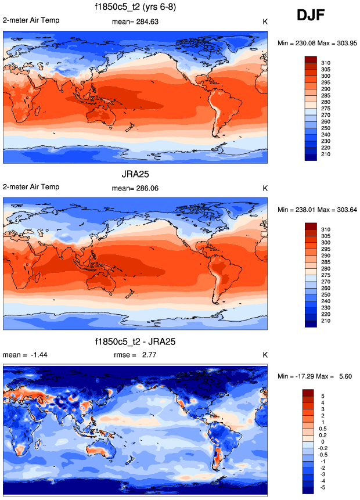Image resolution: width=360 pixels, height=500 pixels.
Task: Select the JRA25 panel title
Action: [x=135, y=173]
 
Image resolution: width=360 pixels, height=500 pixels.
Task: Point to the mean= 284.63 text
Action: [x=135, y=21]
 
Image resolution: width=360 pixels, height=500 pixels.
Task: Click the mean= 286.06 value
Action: [x=135, y=188]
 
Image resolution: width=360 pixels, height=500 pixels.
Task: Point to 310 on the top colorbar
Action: [x=326, y=62]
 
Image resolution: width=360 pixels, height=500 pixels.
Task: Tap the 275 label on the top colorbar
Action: [x=326, y=109]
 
